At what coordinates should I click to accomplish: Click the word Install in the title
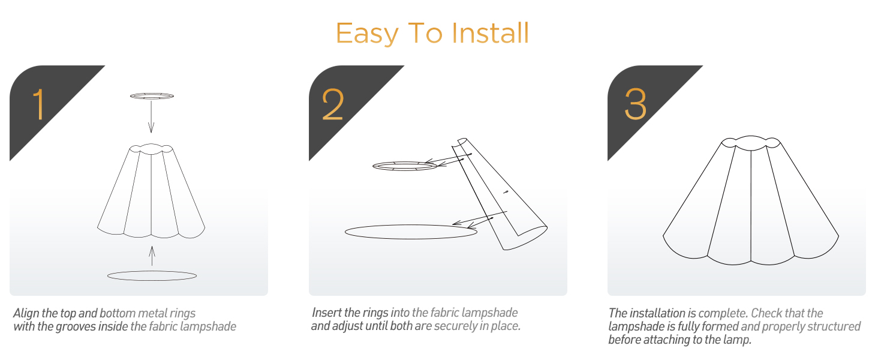point(491,33)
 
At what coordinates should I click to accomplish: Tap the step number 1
point(39,104)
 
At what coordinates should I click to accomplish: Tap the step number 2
point(333,104)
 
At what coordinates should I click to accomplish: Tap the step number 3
point(635,104)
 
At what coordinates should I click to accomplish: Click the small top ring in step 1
point(152,94)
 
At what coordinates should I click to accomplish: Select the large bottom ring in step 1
point(152,271)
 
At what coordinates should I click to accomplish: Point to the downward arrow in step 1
point(151,116)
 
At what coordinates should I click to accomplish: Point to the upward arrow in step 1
point(152,256)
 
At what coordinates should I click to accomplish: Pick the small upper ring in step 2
point(405,162)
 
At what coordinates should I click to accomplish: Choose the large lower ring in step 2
point(411,225)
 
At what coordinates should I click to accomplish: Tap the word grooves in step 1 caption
point(76,326)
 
